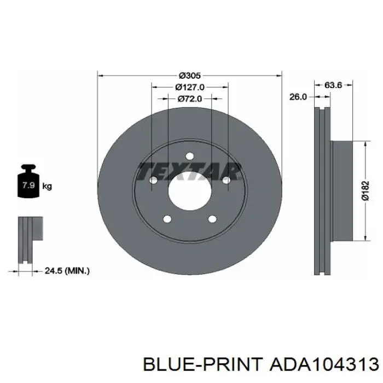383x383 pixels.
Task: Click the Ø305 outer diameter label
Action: click(x=189, y=76)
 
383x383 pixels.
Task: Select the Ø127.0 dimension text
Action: click(x=190, y=87)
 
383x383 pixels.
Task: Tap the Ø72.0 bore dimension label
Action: click(x=190, y=98)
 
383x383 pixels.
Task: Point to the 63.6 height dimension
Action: click(x=333, y=85)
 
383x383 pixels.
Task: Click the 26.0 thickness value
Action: click(x=298, y=97)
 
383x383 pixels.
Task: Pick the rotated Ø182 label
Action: click(x=365, y=190)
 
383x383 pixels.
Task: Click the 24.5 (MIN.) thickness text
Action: click(x=67, y=271)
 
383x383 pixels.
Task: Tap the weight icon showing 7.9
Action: click(x=28, y=181)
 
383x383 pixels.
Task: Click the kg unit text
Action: click(x=47, y=187)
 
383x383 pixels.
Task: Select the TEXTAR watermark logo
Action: click(x=189, y=171)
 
